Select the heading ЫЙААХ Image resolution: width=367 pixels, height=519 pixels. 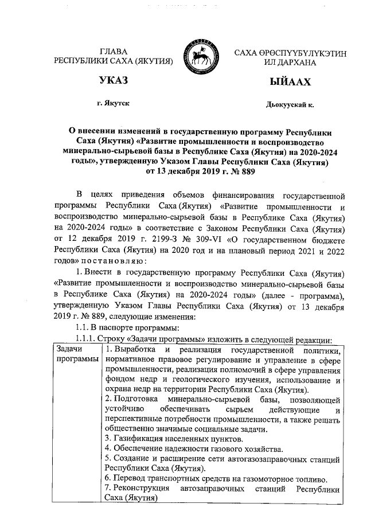[x=290, y=81]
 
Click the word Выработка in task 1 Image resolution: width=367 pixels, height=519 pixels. [x=135, y=350]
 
